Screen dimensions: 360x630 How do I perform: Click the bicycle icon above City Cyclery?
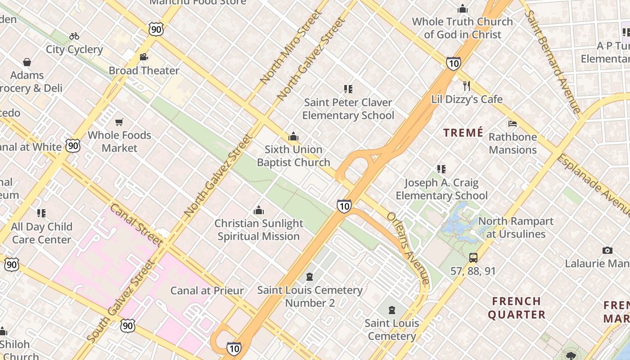74,36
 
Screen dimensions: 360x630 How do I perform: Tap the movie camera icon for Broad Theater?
144,57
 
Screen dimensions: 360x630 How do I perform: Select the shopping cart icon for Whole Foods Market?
119,122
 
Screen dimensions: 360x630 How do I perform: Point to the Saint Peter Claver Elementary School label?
348,109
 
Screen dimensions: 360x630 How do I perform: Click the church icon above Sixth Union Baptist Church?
293,136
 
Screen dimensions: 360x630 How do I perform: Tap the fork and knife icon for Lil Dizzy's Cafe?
467,86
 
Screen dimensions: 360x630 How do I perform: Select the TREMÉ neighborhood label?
463,133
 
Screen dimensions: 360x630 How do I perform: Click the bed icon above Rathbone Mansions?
513,124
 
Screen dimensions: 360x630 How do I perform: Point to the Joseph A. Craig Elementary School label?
441,189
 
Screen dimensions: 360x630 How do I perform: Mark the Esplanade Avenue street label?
593,184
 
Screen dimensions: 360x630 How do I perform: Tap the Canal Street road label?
136,225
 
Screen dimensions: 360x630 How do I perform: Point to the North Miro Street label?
291,47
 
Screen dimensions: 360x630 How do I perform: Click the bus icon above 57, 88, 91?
473,258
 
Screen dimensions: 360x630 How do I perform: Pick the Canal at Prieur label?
207,291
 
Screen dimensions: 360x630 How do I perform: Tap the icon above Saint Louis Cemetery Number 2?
310,276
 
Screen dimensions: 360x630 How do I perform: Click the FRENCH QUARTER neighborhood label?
516,308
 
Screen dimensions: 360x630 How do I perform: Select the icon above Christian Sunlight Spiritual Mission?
259,210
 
